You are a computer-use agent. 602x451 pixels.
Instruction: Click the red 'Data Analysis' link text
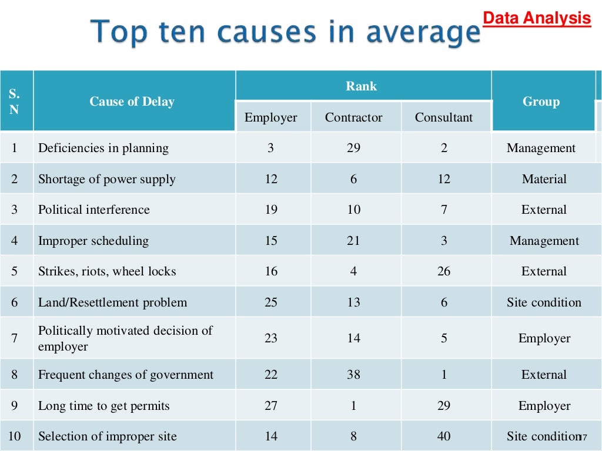click(536, 18)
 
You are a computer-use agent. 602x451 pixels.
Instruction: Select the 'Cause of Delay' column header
click(132, 102)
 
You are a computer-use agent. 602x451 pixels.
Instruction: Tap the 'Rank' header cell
click(361, 86)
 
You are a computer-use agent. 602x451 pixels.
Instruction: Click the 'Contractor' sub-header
click(353, 117)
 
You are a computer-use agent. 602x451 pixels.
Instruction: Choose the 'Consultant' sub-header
click(443, 117)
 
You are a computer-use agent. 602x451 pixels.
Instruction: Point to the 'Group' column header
click(541, 102)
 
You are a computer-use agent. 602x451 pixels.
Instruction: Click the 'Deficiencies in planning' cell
click(103, 148)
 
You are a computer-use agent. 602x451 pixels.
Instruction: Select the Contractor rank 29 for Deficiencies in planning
click(353, 148)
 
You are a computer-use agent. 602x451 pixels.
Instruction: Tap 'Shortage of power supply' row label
click(107, 179)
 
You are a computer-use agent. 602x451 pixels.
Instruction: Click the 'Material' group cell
click(544, 179)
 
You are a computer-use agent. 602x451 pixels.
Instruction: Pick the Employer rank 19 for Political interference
click(271, 210)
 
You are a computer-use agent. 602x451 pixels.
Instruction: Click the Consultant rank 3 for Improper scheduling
click(444, 241)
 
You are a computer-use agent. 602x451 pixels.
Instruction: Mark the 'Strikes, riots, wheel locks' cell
click(107, 271)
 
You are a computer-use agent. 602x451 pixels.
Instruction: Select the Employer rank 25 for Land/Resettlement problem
click(271, 302)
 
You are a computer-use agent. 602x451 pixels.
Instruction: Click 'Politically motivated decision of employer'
click(125, 338)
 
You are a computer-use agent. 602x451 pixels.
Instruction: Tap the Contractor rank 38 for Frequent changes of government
click(353, 375)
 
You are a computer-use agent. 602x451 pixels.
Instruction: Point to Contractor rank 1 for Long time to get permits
click(353, 406)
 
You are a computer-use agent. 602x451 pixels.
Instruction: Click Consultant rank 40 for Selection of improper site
click(444, 436)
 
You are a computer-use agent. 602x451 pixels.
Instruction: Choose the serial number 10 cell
click(15, 436)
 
